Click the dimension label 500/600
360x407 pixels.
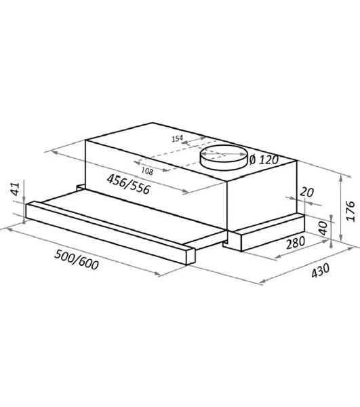tap(76, 260)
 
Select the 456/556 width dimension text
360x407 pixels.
tap(128, 184)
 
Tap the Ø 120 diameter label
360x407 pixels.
tap(264, 159)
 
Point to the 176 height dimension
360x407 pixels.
tap(351, 210)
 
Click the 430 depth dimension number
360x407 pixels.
tap(320, 270)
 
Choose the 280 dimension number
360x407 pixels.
tap(296, 242)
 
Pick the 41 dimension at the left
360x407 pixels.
tap(16, 189)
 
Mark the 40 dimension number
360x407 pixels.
tap(323, 228)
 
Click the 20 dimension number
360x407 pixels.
tap(307, 193)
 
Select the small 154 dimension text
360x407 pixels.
tap(178, 138)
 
